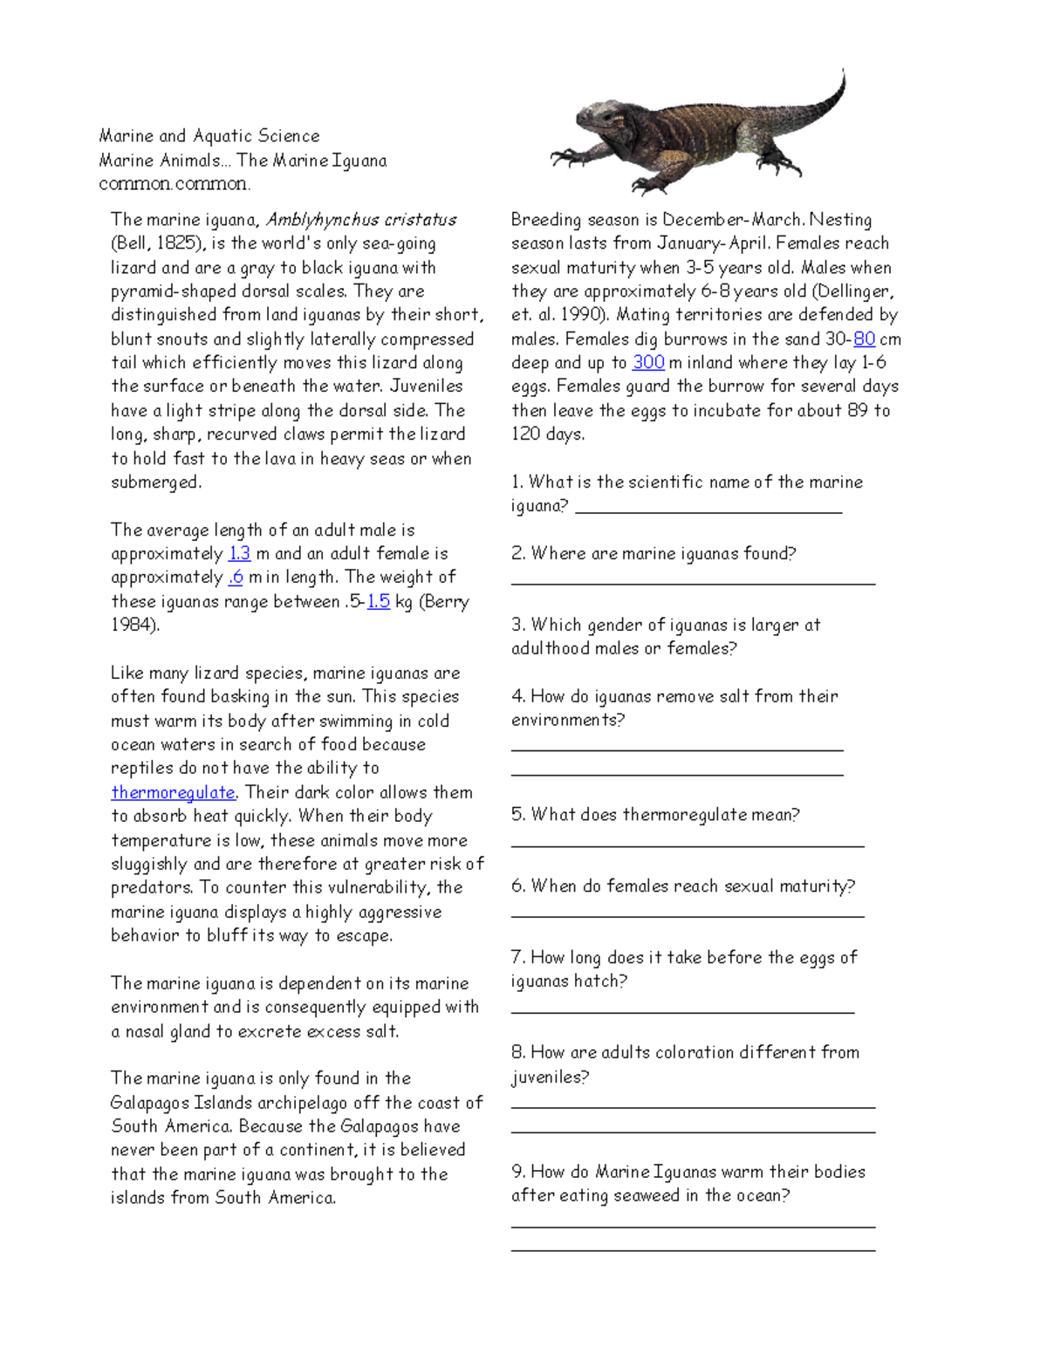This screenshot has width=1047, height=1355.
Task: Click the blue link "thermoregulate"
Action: pyautogui.click(x=173, y=792)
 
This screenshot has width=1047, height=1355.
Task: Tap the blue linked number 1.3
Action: pyautogui.click(x=239, y=553)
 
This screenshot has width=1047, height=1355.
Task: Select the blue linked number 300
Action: pyautogui.click(x=648, y=362)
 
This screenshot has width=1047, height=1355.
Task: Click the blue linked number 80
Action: pyautogui.click(x=864, y=339)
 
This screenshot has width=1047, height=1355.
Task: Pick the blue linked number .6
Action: pyautogui.click(x=236, y=577)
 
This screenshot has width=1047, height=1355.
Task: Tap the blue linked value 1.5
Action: pyautogui.click(x=378, y=601)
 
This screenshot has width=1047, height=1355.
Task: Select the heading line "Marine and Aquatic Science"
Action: pyautogui.click(x=209, y=135)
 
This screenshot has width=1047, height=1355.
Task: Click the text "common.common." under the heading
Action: pyautogui.click(x=174, y=183)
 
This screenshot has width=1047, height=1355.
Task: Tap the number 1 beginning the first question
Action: pyautogui.click(x=516, y=482)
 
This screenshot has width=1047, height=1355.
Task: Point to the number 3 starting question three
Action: pyautogui.click(x=517, y=625)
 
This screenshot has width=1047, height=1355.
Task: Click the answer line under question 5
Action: pyautogui.click(x=688, y=845)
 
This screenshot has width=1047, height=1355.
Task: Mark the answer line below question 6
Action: pyautogui.click(x=688, y=916)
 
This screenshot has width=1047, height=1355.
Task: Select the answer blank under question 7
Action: pyautogui.click(x=682, y=1012)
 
